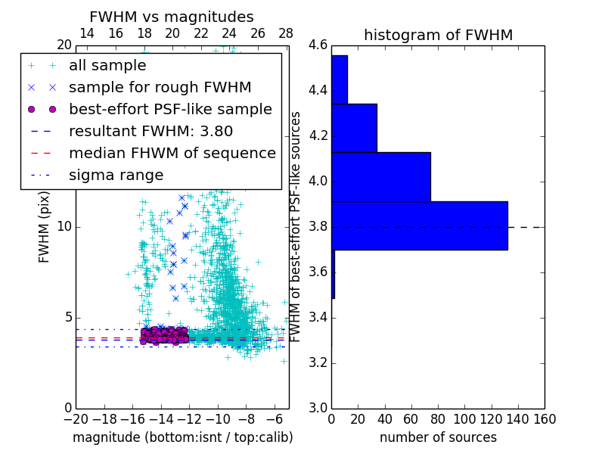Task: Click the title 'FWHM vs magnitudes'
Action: click(x=172, y=17)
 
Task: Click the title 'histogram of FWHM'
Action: click(x=438, y=35)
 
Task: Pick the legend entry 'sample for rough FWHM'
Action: click(x=160, y=87)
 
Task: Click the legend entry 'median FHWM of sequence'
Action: click(x=172, y=153)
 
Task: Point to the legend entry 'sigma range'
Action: click(x=116, y=175)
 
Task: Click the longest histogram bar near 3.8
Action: click(x=419, y=225)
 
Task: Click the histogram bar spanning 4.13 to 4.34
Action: click(x=354, y=128)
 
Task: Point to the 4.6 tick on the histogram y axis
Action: click(x=318, y=45)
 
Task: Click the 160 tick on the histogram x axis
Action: click(x=544, y=418)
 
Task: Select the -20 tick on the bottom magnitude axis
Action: click(x=76, y=418)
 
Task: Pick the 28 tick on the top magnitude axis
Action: click(x=286, y=33)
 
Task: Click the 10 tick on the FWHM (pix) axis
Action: click(x=64, y=226)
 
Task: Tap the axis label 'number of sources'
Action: click(x=438, y=437)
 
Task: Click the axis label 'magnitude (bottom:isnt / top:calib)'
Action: click(x=182, y=437)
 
